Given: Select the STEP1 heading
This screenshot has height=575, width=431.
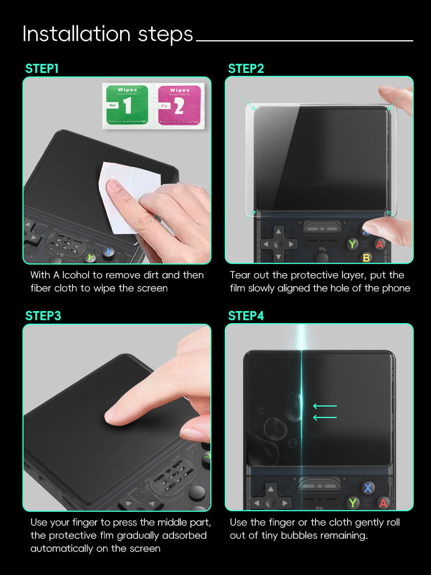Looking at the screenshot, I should coord(42,69).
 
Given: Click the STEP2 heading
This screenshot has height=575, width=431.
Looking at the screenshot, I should coord(246,69).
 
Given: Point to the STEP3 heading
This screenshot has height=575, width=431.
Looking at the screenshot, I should coord(43,316).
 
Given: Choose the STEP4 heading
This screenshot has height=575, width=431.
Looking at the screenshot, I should coord(246,316).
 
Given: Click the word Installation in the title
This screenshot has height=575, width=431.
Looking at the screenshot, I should coord(68,34).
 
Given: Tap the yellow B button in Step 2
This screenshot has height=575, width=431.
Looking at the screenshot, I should coord(366,258).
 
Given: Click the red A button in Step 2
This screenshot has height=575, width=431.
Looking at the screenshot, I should coord(379,244).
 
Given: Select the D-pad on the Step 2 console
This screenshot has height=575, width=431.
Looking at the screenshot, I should coord(278,243).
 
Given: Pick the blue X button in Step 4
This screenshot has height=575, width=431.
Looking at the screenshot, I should coord(368,488).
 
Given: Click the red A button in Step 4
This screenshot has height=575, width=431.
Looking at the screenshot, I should coord(383,503).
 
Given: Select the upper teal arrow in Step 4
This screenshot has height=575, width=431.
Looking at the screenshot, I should coord(325,406).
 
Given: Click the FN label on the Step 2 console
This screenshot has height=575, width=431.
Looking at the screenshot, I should coord(323,250).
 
